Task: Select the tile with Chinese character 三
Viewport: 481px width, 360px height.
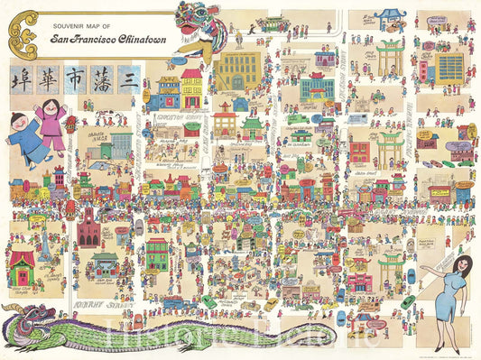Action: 129,79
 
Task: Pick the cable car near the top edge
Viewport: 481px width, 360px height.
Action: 271,22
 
